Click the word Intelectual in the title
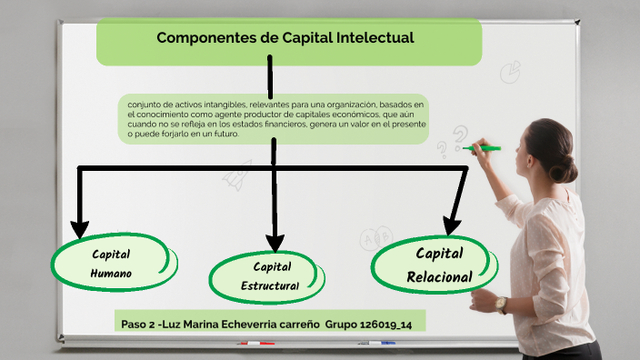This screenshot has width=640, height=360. click(x=373, y=38)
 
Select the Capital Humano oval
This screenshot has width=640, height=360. click(x=112, y=263)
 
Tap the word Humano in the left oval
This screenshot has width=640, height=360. click(x=112, y=273)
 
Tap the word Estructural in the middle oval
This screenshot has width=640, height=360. click(x=270, y=286)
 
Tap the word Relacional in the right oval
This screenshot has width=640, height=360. click(x=439, y=276)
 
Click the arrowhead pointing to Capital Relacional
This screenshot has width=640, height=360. click(x=452, y=224)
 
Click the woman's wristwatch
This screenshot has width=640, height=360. click(x=502, y=304)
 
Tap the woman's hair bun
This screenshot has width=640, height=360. click(x=565, y=167)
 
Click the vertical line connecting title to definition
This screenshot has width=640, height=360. click(x=270, y=76)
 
